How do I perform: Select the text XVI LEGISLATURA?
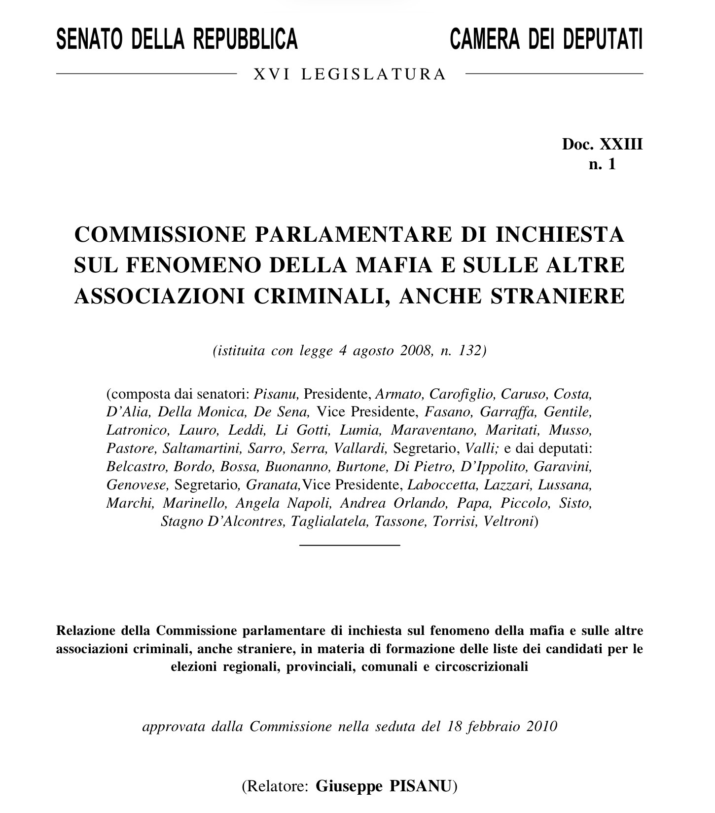click(350, 74)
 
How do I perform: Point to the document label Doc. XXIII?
click(602, 145)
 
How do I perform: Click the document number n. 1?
click(602, 164)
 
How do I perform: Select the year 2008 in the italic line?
click(416, 351)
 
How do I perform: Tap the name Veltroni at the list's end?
click(509, 521)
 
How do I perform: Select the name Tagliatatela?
click(329, 521)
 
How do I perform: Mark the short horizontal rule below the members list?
click(350, 545)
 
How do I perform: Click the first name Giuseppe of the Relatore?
click(349, 786)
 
